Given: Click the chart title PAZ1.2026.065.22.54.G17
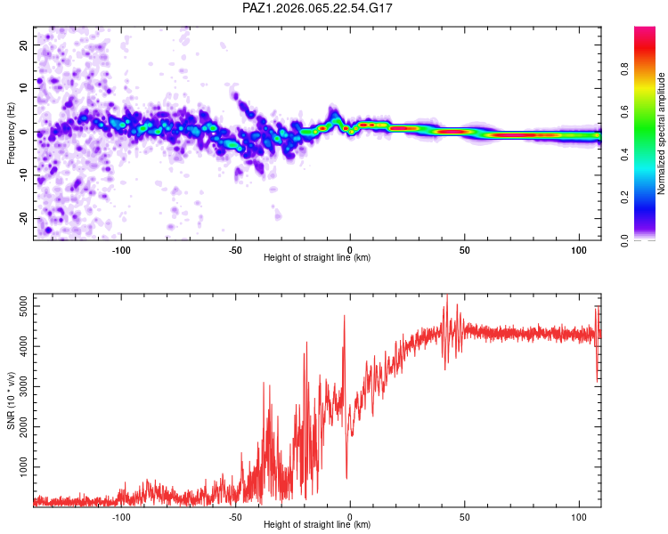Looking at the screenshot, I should tap(318, 8).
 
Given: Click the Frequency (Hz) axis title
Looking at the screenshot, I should tap(12, 132).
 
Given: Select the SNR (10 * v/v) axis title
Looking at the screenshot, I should tap(12, 400).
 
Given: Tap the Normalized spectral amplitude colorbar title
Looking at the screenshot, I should tap(661, 133).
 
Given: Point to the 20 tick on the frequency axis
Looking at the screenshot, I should tap(24, 44).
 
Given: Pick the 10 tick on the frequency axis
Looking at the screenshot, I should tap(24, 88).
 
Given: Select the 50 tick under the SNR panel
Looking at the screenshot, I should tap(464, 516).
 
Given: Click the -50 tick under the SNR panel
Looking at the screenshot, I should tap(236, 516).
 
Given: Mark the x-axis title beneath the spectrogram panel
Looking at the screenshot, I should tap(317, 258).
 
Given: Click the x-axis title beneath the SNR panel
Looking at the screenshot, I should tap(317, 525).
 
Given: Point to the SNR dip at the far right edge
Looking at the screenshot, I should tap(597, 380).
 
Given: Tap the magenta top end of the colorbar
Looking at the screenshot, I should tap(645, 32).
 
